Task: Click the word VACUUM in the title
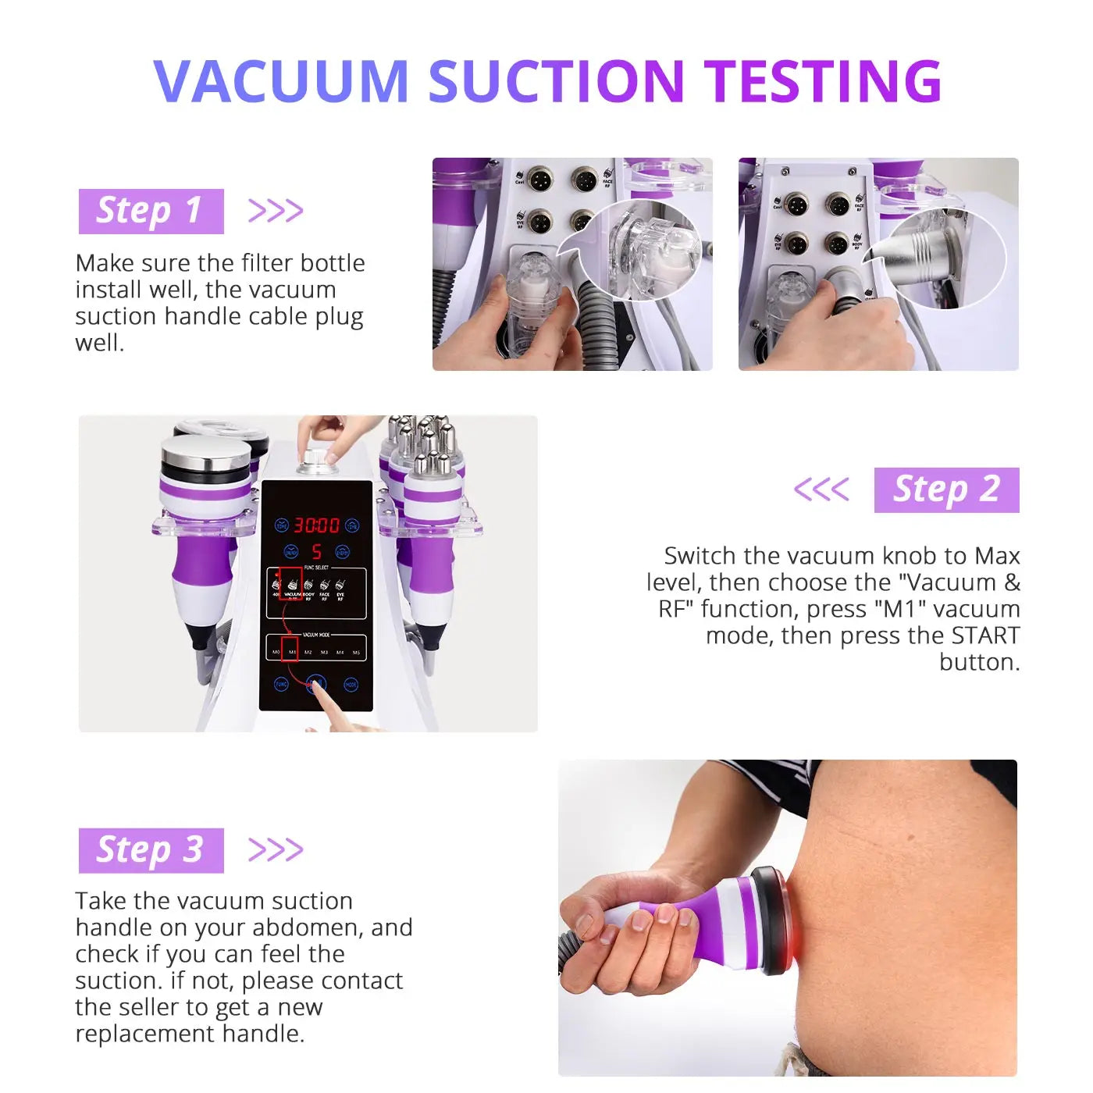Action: click(281, 81)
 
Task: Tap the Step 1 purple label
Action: click(151, 211)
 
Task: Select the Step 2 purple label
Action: click(946, 490)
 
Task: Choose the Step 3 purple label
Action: click(151, 850)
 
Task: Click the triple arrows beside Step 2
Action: click(821, 490)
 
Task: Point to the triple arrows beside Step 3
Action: click(275, 849)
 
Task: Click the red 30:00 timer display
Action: click(316, 525)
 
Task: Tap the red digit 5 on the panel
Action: click(316, 552)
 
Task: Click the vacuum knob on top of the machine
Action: click(317, 461)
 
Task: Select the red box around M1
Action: click(290, 648)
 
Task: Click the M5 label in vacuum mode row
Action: click(356, 652)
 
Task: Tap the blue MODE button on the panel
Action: click(351, 685)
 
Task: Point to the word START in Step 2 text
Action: click(985, 636)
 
